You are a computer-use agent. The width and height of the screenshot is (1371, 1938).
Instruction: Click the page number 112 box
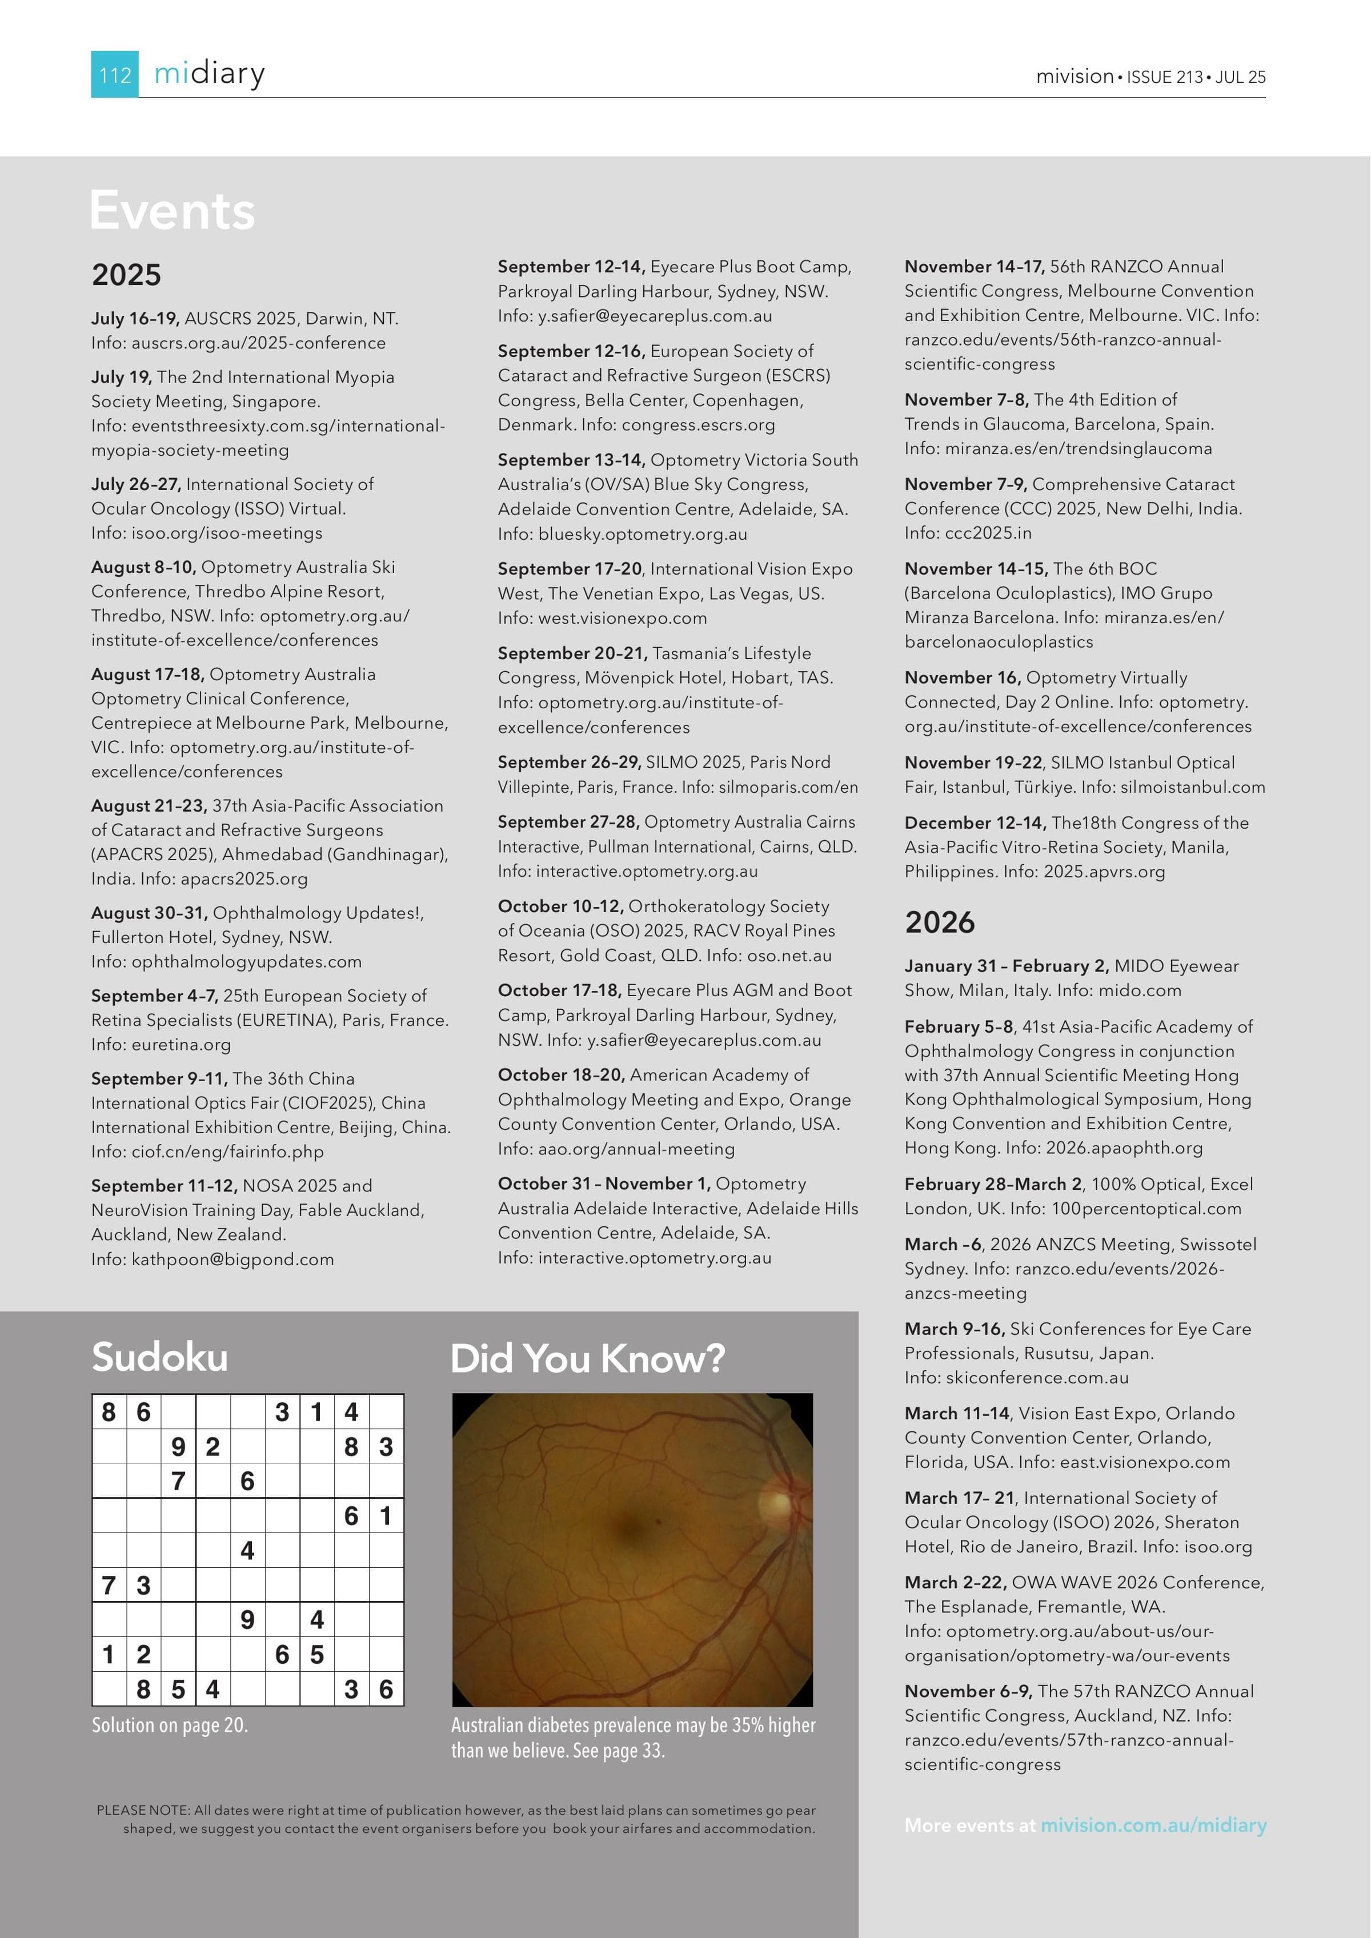click(115, 74)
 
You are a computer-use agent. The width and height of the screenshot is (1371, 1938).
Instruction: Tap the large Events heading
click(172, 210)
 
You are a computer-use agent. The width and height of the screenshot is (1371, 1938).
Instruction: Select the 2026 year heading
click(940, 922)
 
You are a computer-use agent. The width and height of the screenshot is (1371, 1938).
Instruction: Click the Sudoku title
click(159, 1357)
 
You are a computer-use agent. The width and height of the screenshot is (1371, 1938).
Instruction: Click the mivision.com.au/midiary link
click(1153, 1825)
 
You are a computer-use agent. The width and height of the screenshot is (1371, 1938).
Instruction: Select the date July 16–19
click(135, 318)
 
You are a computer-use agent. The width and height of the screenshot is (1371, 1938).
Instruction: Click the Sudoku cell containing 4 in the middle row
click(247, 1551)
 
